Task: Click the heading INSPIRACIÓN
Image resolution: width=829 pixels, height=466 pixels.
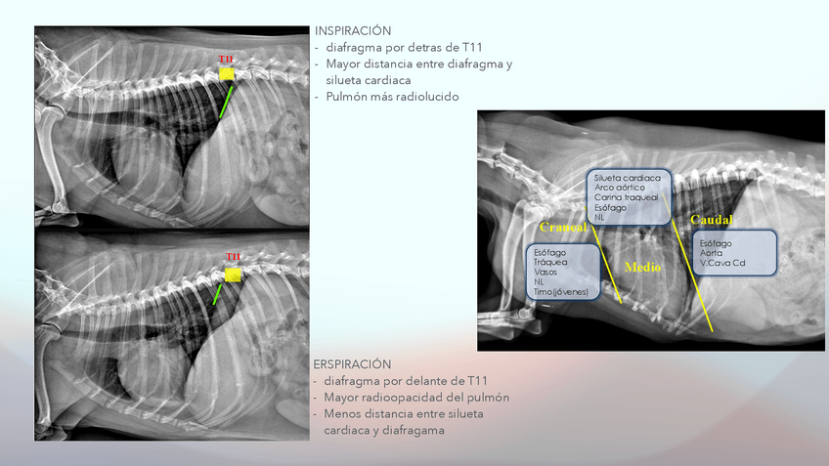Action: click(x=353, y=31)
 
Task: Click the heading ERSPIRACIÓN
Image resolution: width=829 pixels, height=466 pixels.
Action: click(x=353, y=364)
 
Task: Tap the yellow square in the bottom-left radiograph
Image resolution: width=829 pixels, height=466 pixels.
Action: click(x=232, y=275)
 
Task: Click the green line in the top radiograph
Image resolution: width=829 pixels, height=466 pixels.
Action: click(x=226, y=101)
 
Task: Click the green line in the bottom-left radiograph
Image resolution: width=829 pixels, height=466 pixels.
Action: click(x=218, y=294)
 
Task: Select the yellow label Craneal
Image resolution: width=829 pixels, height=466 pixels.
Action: click(x=562, y=228)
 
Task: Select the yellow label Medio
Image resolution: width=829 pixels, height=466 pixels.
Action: click(x=642, y=267)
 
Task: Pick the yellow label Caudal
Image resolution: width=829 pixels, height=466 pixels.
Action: click(x=712, y=219)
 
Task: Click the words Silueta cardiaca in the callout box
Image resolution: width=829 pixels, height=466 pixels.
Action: click(x=627, y=178)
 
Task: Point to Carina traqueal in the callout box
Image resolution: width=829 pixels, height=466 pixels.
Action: click(x=626, y=197)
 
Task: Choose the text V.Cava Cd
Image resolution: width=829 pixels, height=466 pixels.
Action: click(x=722, y=263)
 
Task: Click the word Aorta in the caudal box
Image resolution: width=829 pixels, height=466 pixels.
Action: click(x=713, y=253)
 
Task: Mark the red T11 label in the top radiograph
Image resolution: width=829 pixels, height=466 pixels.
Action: click(x=226, y=60)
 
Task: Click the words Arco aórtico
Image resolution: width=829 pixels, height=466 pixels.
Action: click(x=620, y=188)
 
